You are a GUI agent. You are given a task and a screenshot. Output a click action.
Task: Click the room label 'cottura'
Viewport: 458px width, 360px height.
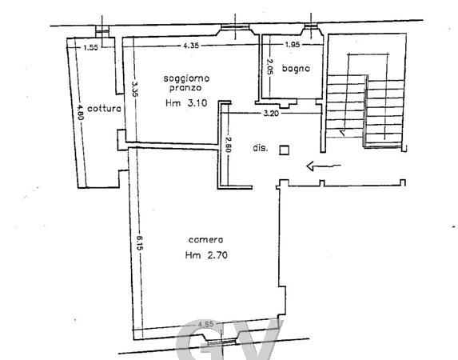(104, 109)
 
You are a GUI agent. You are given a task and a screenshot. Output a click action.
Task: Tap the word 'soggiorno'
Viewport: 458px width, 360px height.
(186, 78)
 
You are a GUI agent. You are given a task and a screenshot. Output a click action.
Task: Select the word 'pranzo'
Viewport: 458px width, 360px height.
(185, 88)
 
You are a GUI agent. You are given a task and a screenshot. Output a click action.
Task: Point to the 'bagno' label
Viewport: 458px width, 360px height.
(296, 69)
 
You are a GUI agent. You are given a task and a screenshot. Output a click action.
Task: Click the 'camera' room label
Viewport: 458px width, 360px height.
(205, 240)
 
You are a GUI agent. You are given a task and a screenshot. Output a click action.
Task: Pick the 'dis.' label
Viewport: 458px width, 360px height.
(261, 148)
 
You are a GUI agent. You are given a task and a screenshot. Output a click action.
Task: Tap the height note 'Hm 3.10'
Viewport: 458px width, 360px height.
(186, 103)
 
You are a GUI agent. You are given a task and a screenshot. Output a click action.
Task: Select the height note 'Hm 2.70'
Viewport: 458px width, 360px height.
(206, 255)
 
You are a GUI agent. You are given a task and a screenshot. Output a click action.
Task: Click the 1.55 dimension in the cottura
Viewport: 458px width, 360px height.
(91, 47)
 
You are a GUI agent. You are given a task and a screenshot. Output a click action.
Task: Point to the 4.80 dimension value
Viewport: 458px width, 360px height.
(80, 112)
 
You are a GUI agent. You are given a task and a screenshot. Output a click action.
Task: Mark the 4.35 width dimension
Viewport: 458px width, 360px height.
(191, 46)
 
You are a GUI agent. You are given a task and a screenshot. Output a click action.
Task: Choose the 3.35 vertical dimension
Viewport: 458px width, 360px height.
(134, 89)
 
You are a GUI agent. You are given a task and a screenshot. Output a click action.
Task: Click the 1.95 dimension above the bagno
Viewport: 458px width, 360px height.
(293, 45)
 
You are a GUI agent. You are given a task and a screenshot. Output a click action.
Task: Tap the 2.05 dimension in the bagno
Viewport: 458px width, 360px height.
(269, 66)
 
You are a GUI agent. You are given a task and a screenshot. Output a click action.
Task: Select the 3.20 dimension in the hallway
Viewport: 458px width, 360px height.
(271, 113)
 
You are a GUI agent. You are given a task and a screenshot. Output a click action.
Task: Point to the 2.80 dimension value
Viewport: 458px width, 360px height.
(228, 145)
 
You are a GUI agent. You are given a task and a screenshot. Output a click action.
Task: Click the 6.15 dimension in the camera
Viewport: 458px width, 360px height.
(139, 243)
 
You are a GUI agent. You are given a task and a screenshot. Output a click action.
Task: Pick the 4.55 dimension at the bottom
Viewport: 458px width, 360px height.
(206, 324)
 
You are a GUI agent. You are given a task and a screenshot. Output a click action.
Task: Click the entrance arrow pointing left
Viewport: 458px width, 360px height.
(324, 166)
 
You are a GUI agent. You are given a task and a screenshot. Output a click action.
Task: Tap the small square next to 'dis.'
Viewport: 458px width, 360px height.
(285, 150)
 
